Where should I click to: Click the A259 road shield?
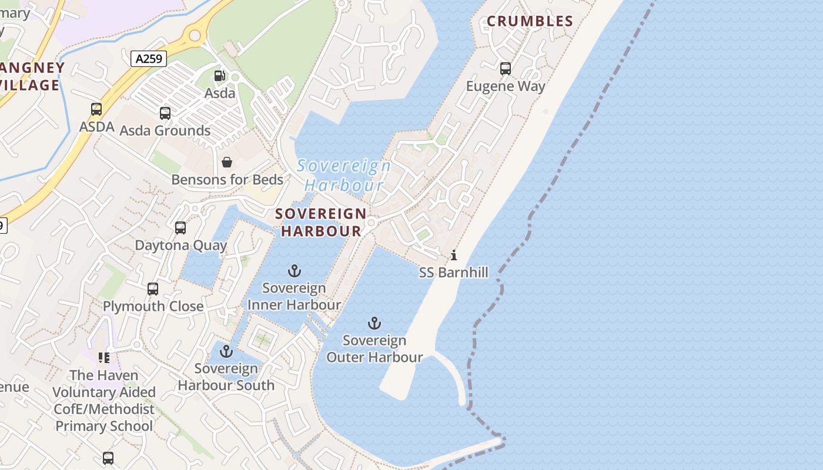click(149, 59)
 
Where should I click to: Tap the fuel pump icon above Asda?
click(219, 75)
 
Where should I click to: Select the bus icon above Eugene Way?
click(505, 69)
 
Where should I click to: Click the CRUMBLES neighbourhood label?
click(530, 22)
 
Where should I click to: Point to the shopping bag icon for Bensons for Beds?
click(227, 162)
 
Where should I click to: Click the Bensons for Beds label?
click(227, 180)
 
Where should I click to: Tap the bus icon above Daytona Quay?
click(180, 227)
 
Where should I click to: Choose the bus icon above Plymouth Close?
click(153, 288)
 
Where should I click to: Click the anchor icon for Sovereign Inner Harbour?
click(294, 271)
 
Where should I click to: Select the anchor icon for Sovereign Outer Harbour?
click(374, 323)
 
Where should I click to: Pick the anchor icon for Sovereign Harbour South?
click(226, 351)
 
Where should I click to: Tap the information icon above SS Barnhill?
click(453, 255)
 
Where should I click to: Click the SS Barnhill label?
click(453, 273)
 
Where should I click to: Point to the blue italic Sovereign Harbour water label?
click(344, 176)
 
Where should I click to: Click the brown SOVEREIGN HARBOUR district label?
click(321, 222)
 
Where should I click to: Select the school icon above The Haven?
click(104, 358)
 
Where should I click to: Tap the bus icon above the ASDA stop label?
click(96, 109)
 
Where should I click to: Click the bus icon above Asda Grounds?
click(165, 113)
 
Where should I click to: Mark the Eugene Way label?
click(506, 86)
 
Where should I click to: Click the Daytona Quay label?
click(181, 245)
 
